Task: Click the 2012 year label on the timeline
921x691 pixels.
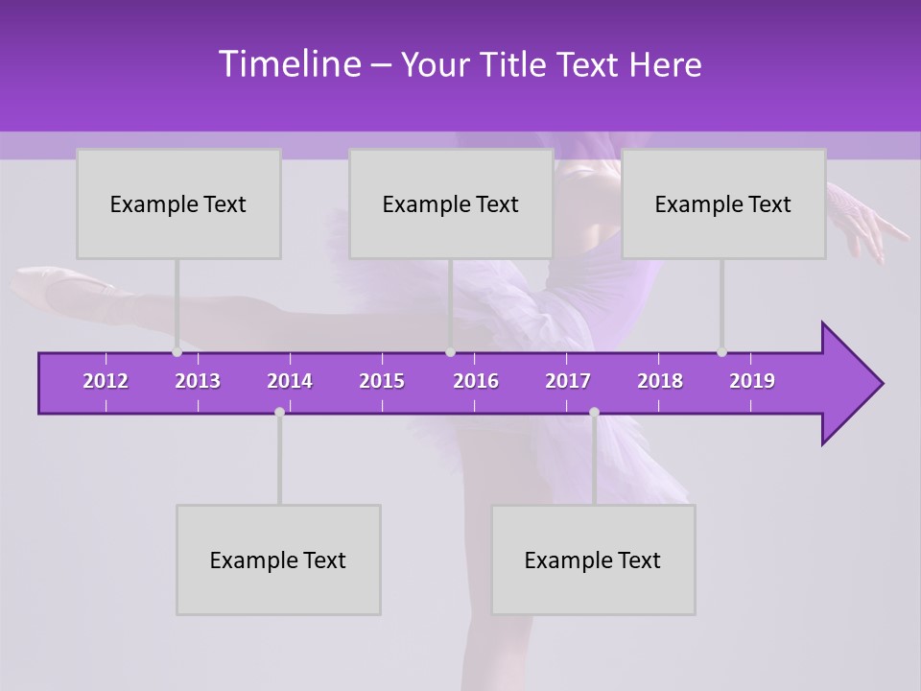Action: tap(106, 381)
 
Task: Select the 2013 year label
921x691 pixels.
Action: tap(198, 381)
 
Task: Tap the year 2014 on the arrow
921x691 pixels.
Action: tap(290, 381)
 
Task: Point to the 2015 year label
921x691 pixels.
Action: tap(382, 381)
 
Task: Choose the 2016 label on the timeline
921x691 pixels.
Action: tap(476, 381)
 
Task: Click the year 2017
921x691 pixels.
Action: tap(568, 381)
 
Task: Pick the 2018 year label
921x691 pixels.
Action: tap(660, 381)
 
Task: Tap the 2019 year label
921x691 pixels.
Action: tap(752, 381)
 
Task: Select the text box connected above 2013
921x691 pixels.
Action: tap(178, 204)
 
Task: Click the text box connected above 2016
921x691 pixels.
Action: tap(451, 204)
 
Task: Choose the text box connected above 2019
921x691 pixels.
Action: tap(723, 204)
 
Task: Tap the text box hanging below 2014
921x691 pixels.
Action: tap(278, 560)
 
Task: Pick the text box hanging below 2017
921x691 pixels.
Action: tap(593, 560)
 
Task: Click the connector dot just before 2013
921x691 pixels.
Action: tap(177, 352)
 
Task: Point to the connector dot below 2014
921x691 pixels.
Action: tap(279, 412)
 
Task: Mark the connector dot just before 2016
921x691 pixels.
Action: tap(450, 352)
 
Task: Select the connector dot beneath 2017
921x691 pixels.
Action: tap(594, 412)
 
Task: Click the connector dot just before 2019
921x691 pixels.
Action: tap(721, 352)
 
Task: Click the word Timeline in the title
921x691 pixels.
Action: tap(288, 64)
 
